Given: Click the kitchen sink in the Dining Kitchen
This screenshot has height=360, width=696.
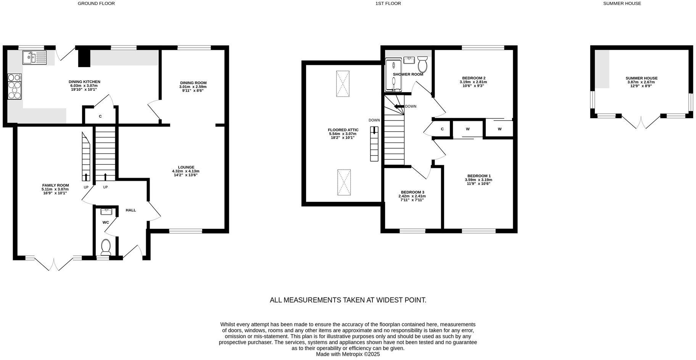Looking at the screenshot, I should coord(34,58).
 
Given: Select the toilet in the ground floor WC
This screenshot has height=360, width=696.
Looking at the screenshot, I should coord(106,247).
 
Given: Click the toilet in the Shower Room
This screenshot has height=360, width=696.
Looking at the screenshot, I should coord(422,64).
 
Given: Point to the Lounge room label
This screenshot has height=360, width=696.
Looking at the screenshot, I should coord(186,167).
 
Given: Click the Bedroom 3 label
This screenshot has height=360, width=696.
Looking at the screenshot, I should coord(412,192).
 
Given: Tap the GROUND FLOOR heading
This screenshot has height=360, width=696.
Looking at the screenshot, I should coord(96,3).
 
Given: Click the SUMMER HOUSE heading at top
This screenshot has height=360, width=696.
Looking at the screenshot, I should coord(622,3).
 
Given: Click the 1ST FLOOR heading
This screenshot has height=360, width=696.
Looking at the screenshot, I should coord(388,3).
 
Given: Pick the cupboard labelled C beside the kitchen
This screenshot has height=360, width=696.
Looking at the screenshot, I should coord(100,116).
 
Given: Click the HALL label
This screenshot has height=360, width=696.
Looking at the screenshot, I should coord(131,210).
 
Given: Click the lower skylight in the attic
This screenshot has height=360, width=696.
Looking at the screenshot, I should coord(344,183).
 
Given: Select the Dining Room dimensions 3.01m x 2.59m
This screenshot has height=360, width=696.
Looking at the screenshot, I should coord(193,87).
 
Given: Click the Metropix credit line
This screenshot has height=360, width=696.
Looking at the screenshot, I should coord(348,354).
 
